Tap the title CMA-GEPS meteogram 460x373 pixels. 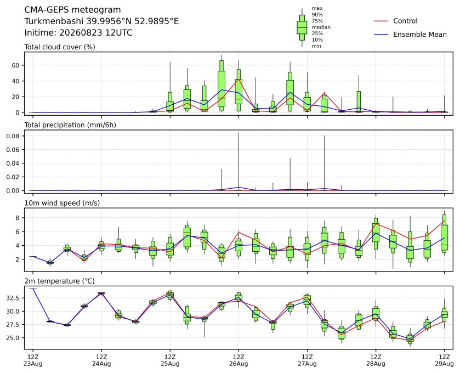pos(72,10)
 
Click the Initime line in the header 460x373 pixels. pos(78,32)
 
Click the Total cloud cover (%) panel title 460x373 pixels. pos(60,47)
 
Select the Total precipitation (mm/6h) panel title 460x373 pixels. pos(70,125)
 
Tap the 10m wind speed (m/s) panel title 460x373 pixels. pos(62,203)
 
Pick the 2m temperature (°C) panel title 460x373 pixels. pos(59,281)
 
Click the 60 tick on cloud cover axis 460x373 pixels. pos(15,65)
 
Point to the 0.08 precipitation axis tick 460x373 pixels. pos(13,136)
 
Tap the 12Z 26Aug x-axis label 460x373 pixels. pos(238,360)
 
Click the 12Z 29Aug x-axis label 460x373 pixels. pos(444,360)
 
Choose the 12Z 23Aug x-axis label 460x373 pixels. pos(33,360)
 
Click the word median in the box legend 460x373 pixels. pos(321,27)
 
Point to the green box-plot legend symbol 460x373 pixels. pos(302,27)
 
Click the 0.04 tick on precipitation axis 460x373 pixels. pos(13,163)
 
